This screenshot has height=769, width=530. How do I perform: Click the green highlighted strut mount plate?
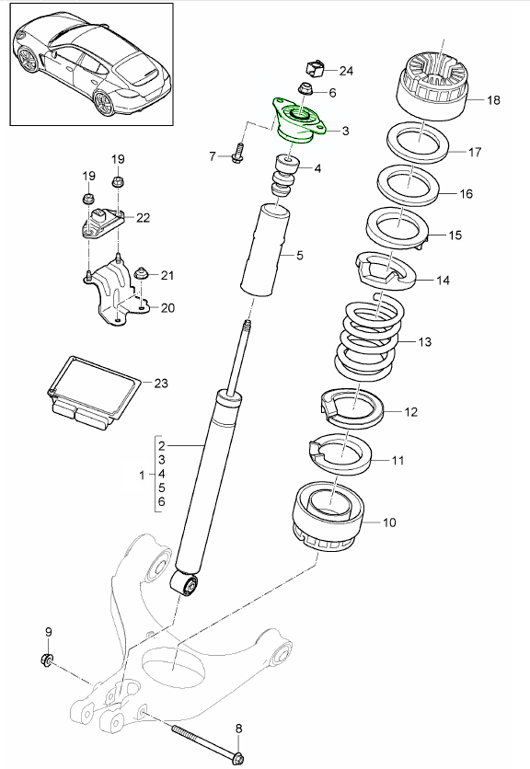pos(296,122)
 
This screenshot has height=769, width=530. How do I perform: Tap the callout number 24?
pos(346,71)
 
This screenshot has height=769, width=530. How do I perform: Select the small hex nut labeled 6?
pos(306,90)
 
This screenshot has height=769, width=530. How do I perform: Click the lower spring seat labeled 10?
pos(328,518)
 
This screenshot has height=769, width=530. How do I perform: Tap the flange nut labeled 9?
pos(47,660)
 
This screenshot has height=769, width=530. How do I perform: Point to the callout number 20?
pos(167,308)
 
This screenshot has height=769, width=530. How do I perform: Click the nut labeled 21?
pos(141,273)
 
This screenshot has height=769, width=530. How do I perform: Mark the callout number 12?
pos(410,411)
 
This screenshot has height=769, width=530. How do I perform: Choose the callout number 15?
pos(455,235)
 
